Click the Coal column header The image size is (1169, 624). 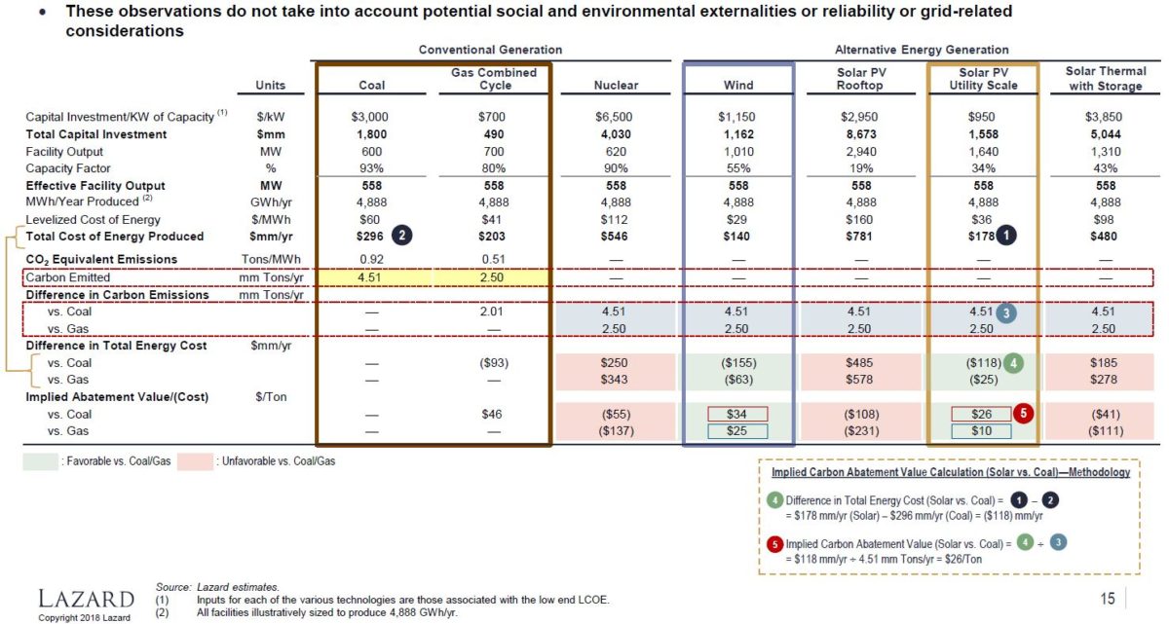pos(372,86)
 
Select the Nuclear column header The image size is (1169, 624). pos(616,86)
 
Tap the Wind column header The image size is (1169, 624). pos(738,86)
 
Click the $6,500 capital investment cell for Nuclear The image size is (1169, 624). pos(616,117)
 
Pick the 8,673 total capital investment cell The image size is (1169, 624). pos(861,134)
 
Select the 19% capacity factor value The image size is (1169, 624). pos(861,168)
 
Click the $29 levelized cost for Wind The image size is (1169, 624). pos(738,219)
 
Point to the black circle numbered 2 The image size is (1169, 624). pos(400,236)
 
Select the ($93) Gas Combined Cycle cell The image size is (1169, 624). pos(494,362)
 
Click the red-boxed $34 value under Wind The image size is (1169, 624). pos(738,415)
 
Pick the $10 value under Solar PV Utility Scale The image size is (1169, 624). pos(983,430)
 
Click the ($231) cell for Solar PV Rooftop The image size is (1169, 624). pos(861,430)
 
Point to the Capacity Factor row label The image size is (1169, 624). pos(64,168)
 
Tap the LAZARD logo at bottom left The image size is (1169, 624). pos(86,597)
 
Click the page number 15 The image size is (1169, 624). pos(1108,599)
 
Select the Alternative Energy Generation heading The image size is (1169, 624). pos(922,50)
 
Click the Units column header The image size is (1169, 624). pos(270,86)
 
